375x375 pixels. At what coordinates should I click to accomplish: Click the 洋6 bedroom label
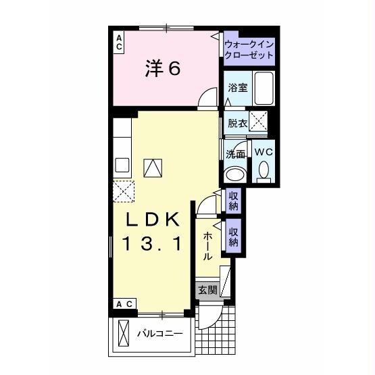162,69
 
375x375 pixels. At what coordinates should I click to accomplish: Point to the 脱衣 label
236,123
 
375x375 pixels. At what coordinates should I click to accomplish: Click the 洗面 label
235,153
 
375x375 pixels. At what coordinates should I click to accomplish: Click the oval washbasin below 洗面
234,174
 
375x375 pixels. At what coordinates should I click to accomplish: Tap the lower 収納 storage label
234,233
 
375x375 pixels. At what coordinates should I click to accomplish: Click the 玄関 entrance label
207,291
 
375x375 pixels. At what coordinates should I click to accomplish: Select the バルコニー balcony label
160,333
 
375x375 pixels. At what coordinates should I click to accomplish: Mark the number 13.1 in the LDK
152,244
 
